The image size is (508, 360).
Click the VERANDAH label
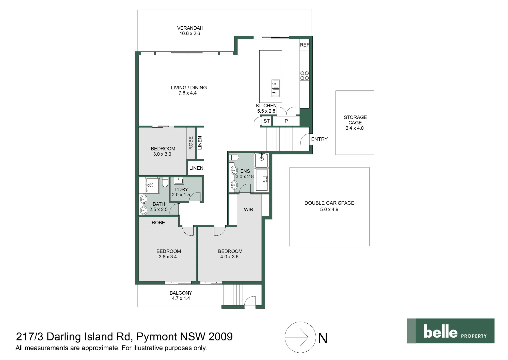(x=190, y=28)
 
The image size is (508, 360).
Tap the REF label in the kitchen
(x=305, y=45)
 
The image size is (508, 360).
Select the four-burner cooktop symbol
(x=305, y=76)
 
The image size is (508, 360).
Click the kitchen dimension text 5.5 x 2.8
(x=266, y=111)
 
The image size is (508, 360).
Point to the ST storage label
(x=267, y=121)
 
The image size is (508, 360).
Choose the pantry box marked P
(x=286, y=121)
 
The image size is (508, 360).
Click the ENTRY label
(x=319, y=139)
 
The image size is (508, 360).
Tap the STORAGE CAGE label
(x=355, y=120)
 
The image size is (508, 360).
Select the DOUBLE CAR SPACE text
(x=329, y=203)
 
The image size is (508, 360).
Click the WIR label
(x=248, y=209)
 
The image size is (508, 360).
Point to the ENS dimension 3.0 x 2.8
(x=245, y=176)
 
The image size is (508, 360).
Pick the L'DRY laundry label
(x=181, y=189)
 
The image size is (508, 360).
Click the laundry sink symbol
(x=179, y=181)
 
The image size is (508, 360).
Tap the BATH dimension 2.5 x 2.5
(x=158, y=209)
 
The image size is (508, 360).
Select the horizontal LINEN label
(x=196, y=168)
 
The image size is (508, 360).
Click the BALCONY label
(x=181, y=293)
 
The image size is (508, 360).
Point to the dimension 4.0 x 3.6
(x=229, y=257)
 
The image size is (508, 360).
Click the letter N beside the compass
(x=323, y=338)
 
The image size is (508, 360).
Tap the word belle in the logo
(x=440, y=332)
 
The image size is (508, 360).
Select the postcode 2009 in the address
(x=220, y=337)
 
